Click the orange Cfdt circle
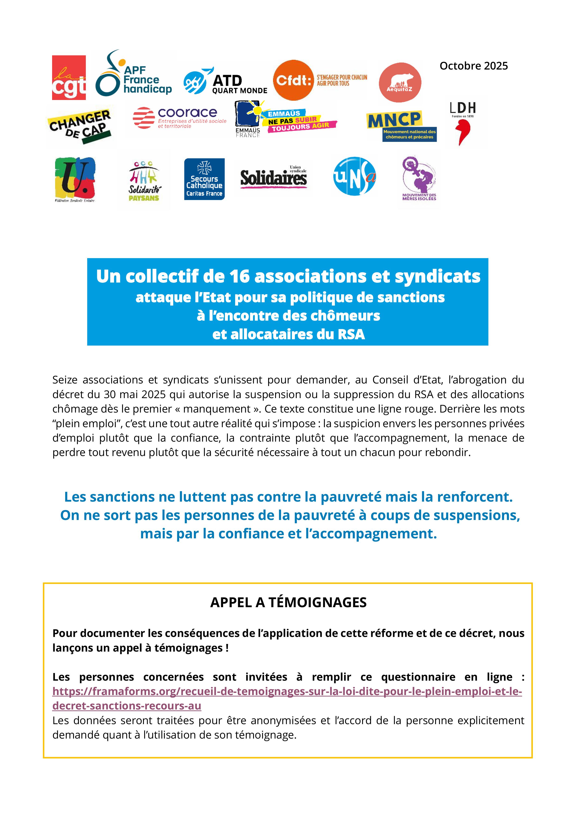[294, 80]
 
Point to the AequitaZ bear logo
[400, 83]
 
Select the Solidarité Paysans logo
[144, 180]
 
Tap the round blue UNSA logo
[354, 176]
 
